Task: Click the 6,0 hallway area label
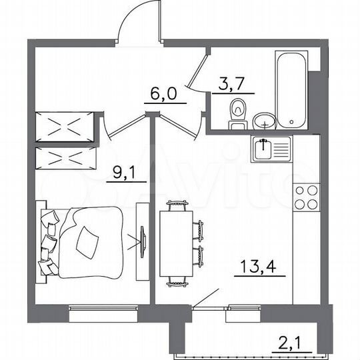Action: pos(161,94)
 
